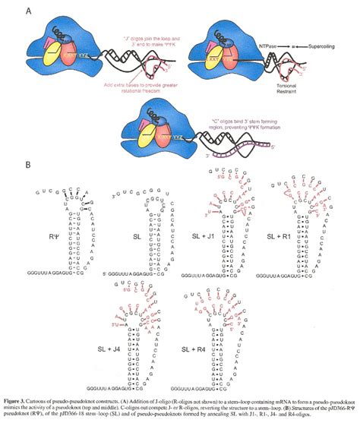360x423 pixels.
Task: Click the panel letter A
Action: [28, 11]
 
